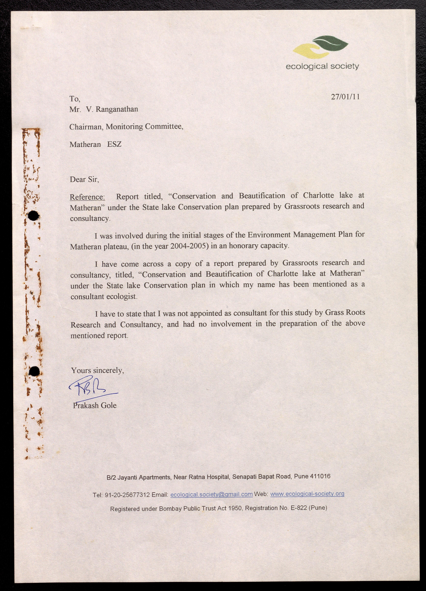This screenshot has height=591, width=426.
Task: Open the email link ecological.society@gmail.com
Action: [x=211, y=494]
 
